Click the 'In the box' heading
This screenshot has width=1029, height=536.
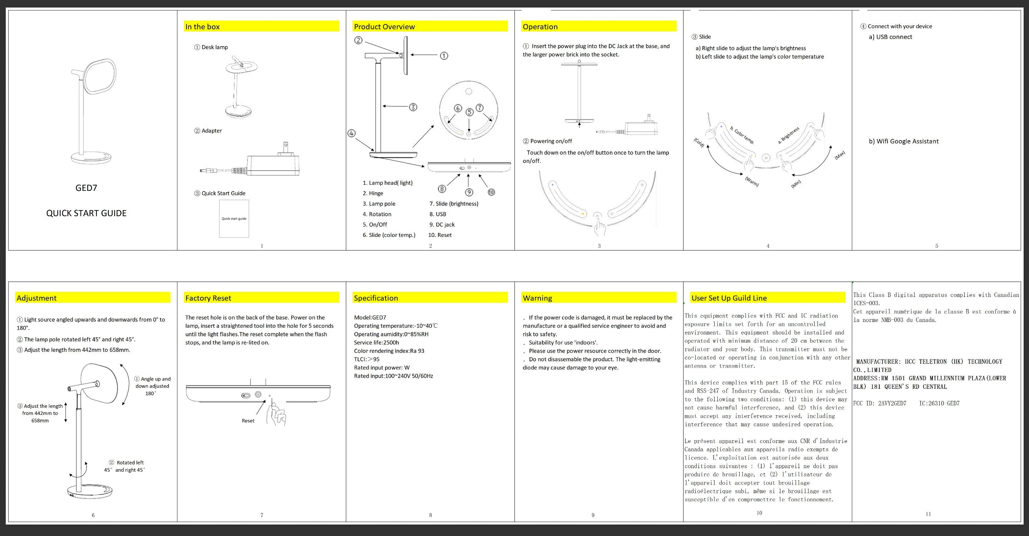pos(203,27)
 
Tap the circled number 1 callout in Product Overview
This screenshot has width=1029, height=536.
pos(444,56)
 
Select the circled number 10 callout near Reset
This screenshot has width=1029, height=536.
pos(491,192)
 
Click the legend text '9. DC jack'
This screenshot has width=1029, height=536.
pos(442,224)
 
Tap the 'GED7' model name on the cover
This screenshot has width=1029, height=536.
pos(86,188)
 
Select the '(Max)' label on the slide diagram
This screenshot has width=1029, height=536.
pos(840,155)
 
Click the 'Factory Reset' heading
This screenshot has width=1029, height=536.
pos(208,298)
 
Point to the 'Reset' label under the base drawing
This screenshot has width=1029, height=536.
pos(248,421)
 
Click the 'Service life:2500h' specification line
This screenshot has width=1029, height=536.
pos(376,342)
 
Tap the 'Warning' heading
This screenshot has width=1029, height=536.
pos(537,298)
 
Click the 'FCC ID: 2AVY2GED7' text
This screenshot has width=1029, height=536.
pos(880,403)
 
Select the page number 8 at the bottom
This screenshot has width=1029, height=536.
pos(431,515)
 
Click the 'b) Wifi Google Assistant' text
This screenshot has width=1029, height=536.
pos(904,142)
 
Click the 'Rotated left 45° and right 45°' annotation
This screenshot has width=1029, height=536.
pos(125,466)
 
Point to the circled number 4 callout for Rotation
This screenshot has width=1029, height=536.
pos(351,133)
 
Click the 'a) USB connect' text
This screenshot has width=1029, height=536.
pos(890,37)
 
